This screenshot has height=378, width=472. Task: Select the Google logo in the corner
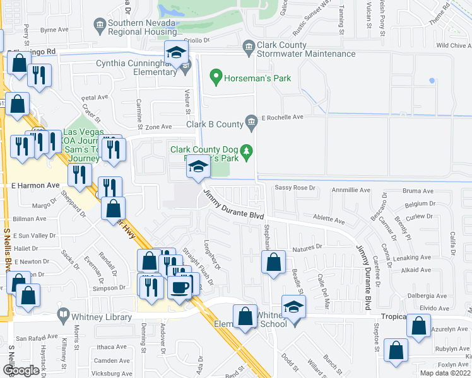pos(21,370)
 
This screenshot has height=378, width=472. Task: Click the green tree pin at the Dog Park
pos(249,151)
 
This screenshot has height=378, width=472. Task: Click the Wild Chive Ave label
pos(453,45)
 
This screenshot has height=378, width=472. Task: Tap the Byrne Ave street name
pos(53,30)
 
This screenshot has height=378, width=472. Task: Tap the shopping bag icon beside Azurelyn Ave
pos(418,326)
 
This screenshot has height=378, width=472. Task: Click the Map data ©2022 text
pos(444,373)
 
